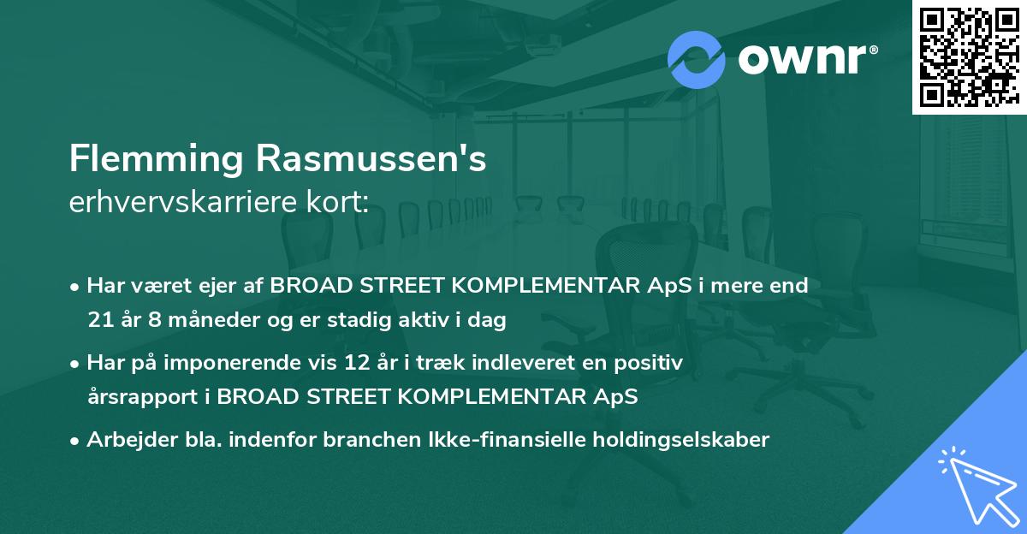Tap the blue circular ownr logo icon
pyautogui.click(x=697, y=59)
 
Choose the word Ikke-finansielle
pyautogui.click(x=502, y=440)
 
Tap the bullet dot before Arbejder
pyautogui.click(x=76, y=441)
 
